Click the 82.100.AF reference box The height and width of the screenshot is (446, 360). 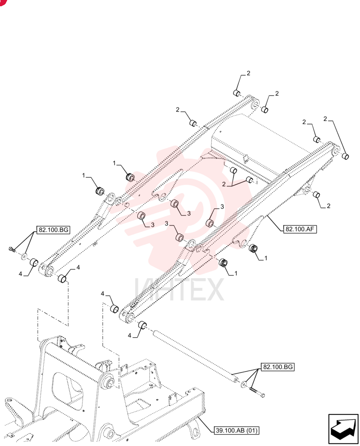click(x=300, y=229)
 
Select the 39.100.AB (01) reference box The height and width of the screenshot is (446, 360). click(x=237, y=430)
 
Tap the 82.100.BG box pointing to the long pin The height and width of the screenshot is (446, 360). click(x=278, y=367)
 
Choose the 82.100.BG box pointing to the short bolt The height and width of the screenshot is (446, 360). click(x=53, y=230)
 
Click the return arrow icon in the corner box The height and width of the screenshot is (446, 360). click(x=343, y=428)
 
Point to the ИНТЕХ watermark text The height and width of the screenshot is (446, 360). click(x=179, y=290)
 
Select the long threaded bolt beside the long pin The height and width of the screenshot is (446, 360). click(x=257, y=392)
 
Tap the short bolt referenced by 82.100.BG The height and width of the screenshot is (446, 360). click(x=12, y=249)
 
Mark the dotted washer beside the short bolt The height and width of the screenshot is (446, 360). click(x=24, y=256)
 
